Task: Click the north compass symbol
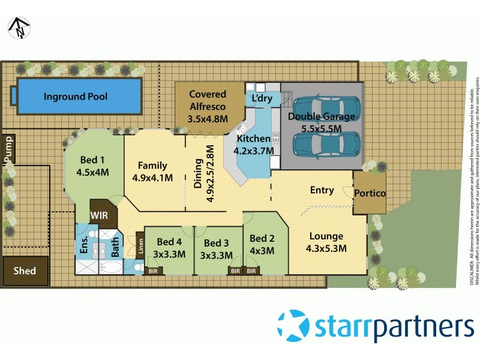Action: point(19,27)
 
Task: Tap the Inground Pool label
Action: point(76,96)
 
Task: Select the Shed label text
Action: point(25,271)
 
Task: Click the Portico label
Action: point(370,193)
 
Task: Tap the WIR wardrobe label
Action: point(100,214)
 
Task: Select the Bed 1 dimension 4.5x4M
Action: point(92,172)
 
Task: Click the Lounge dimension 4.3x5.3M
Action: point(326,248)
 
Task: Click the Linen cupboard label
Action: point(140,247)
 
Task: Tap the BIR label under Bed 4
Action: point(155,271)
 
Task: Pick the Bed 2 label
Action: point(262,238)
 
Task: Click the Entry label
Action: point(322,190)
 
